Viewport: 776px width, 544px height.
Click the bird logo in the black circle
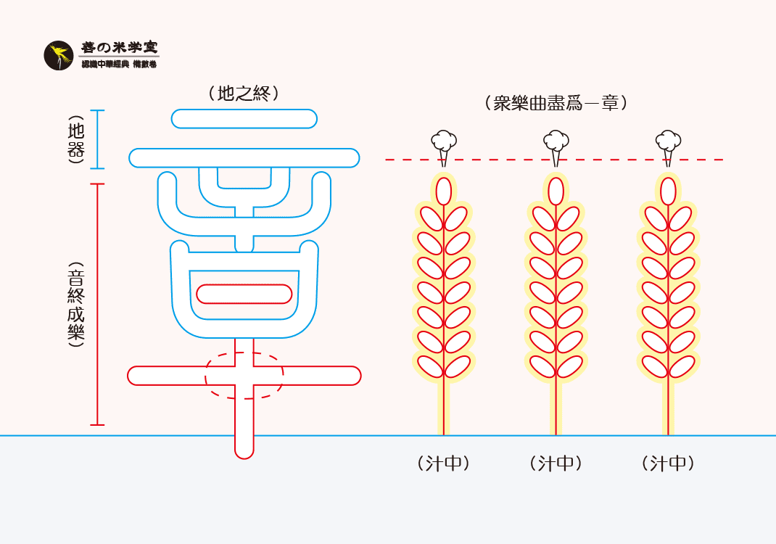pyautogui.click(x=59, y=56)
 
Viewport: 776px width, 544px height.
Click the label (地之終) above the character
pyautogui.click(x=244, y=93)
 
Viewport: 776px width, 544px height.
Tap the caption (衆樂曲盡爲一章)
pyautogui.click(x=556, y=103)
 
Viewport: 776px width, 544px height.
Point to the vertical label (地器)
pyautogui.click(x=75, y=139)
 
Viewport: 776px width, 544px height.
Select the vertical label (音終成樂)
pyautogui.click(x=75, y=304)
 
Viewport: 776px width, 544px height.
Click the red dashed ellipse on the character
pyautogui.click(x=244, y=375)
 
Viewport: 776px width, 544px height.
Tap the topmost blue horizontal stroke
pyautogui.click(x=244, y=119)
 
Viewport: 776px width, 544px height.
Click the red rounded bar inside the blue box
pyautogui.click(x=244, y=294)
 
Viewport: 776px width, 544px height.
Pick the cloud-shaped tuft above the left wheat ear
pyautogui.click(x=444, y=141)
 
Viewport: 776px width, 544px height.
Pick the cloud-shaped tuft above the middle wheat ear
pyautogui.click(x=556, y=141)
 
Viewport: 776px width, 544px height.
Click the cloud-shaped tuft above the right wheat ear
pyautogui.click(x=668, y=141)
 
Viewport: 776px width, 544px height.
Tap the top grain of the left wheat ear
pyautogui.click(x=443, y=191)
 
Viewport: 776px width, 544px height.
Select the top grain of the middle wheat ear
pyautogui.click(x=556, y=191)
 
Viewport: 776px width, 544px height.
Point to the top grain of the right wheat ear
pyautogui.click(x=668, y=191)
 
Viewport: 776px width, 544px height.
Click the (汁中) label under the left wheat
pyautogui.click(x=444, y=463)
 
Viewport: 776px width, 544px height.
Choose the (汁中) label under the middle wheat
pyautogui.click(x=556, y=463)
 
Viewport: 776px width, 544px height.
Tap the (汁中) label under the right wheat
pyautogui.click(x=668, y=463)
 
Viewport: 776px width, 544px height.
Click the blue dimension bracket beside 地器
pyautogui.click(x=99, y=139)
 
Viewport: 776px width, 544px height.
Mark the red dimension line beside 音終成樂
pyautogui.click(x=99, y=304)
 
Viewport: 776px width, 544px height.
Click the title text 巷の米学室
pyautogui.click(x=119, y=48)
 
